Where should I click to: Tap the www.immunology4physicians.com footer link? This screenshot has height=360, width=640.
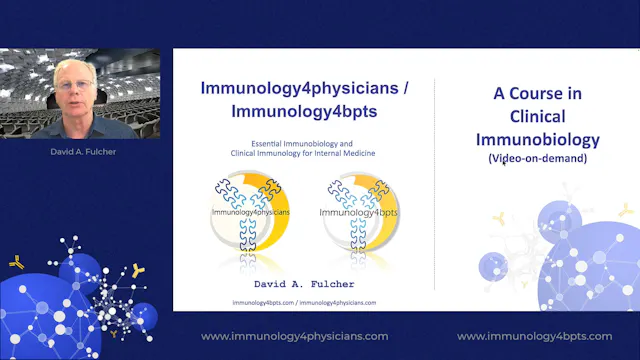(295, 336)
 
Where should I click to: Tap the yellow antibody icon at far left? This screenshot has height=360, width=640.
(17, 262)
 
